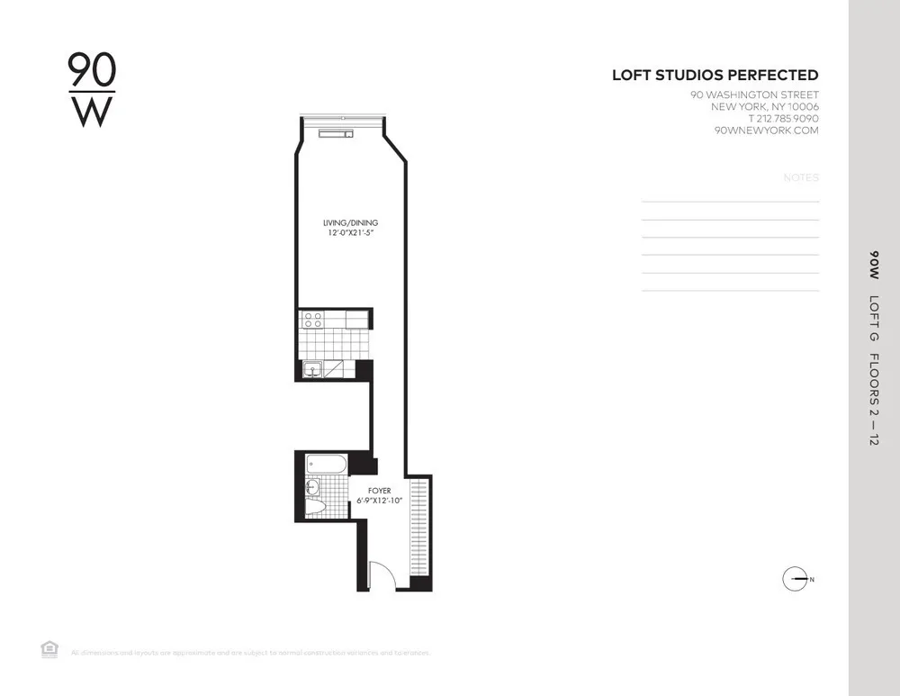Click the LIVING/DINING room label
point(351,222)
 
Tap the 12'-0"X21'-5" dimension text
point(351,233)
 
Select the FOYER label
point(379,492)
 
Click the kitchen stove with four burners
point(312,318)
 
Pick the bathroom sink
point(312,487)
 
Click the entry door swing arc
point(382,575)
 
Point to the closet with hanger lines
point(419,527)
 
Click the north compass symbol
point(796,579)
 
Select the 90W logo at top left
point(93,90)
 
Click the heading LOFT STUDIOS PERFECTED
point(715,76)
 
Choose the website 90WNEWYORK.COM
point(765,131)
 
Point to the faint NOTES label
point(801,178)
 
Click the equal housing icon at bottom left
point(49,649)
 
